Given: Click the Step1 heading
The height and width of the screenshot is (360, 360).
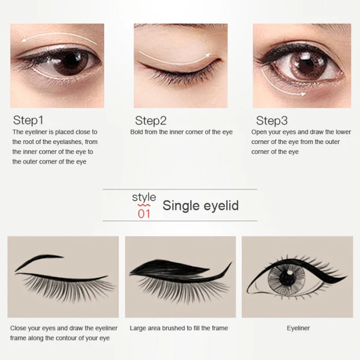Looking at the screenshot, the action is click(28, 120).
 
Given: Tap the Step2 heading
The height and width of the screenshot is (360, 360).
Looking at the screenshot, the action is click(151, 121).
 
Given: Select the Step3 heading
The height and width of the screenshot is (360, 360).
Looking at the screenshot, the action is click(272, 121).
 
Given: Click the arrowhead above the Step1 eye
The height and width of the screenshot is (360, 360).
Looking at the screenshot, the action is click(24, 41).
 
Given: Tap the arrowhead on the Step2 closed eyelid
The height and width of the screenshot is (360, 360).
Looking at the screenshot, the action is click(207, 56).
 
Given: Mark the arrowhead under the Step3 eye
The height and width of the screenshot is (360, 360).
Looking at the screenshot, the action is click(303, 94).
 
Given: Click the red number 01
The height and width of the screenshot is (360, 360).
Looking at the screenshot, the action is click(144, 214).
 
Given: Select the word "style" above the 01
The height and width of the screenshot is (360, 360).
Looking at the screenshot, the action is click(144, 197).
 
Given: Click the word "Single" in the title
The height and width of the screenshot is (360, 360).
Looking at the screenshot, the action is click(181, 206).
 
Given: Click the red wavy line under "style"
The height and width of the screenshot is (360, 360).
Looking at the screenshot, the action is click(143, 205).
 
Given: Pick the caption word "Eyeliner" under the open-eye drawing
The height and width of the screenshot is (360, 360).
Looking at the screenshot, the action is click(298, 328).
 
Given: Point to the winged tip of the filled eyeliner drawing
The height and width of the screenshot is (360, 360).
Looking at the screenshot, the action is click(231, 262).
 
